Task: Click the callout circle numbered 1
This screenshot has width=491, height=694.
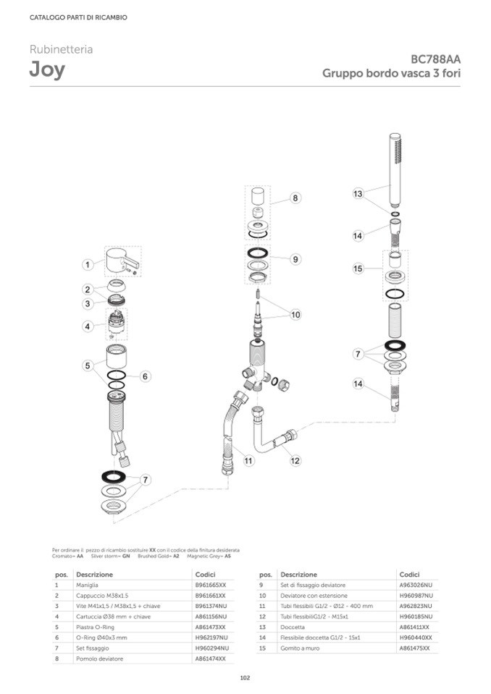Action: [x=86, y=265]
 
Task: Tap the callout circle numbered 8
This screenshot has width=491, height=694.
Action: [x=295, y=198]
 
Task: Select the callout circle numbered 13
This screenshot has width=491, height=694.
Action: [x=358, y=193]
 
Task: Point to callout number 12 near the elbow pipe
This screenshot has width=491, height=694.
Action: [x=295, y=460]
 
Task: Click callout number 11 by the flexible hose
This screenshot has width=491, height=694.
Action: [x=248, y=460]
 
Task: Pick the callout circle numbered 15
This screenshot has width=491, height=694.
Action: [x=358, y=268]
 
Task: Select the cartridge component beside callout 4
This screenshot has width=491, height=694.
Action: [x=113, y=325]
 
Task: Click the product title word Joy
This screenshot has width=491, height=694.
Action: [x=47, y=70]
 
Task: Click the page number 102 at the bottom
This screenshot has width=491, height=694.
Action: [x=245, y=677]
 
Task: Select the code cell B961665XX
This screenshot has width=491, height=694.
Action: [x=211, y=584]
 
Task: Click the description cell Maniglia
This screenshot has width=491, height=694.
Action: [x=86, y=584]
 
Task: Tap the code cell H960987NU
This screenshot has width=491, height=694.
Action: [x=415, y=595]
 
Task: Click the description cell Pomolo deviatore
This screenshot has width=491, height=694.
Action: [x=99, y=659]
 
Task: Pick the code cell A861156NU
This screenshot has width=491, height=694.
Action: [x=211, y=617]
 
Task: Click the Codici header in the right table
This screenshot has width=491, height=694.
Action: [x=409, y=573]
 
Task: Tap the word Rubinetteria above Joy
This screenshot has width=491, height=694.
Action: [x=61, y=50]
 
